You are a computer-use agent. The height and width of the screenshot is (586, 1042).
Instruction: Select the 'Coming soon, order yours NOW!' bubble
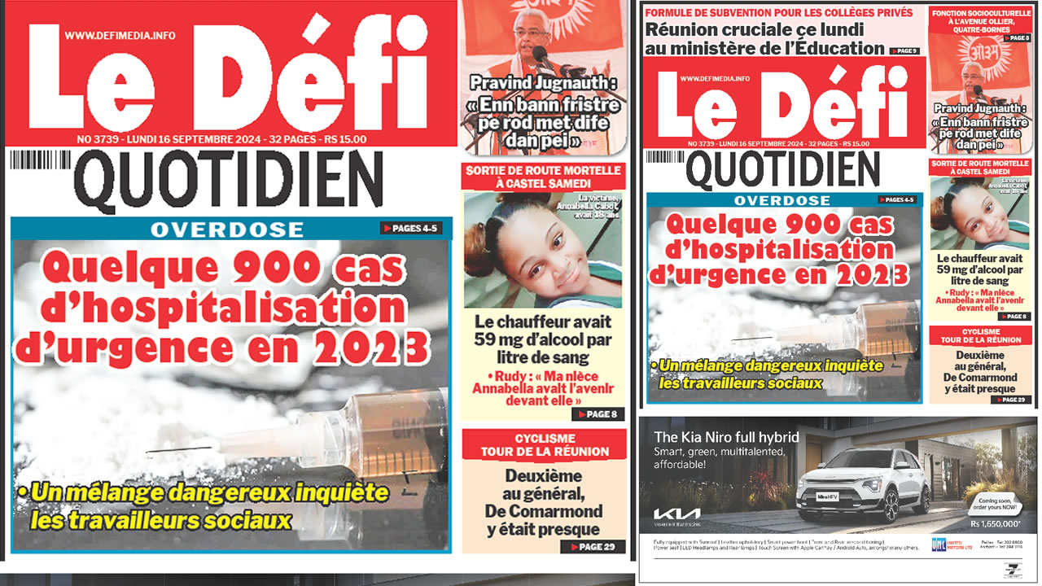[989, 503]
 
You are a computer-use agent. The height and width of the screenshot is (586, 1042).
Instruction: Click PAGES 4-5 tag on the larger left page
[411, 229]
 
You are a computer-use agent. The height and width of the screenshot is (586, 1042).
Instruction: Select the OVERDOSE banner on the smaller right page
[781, 200]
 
